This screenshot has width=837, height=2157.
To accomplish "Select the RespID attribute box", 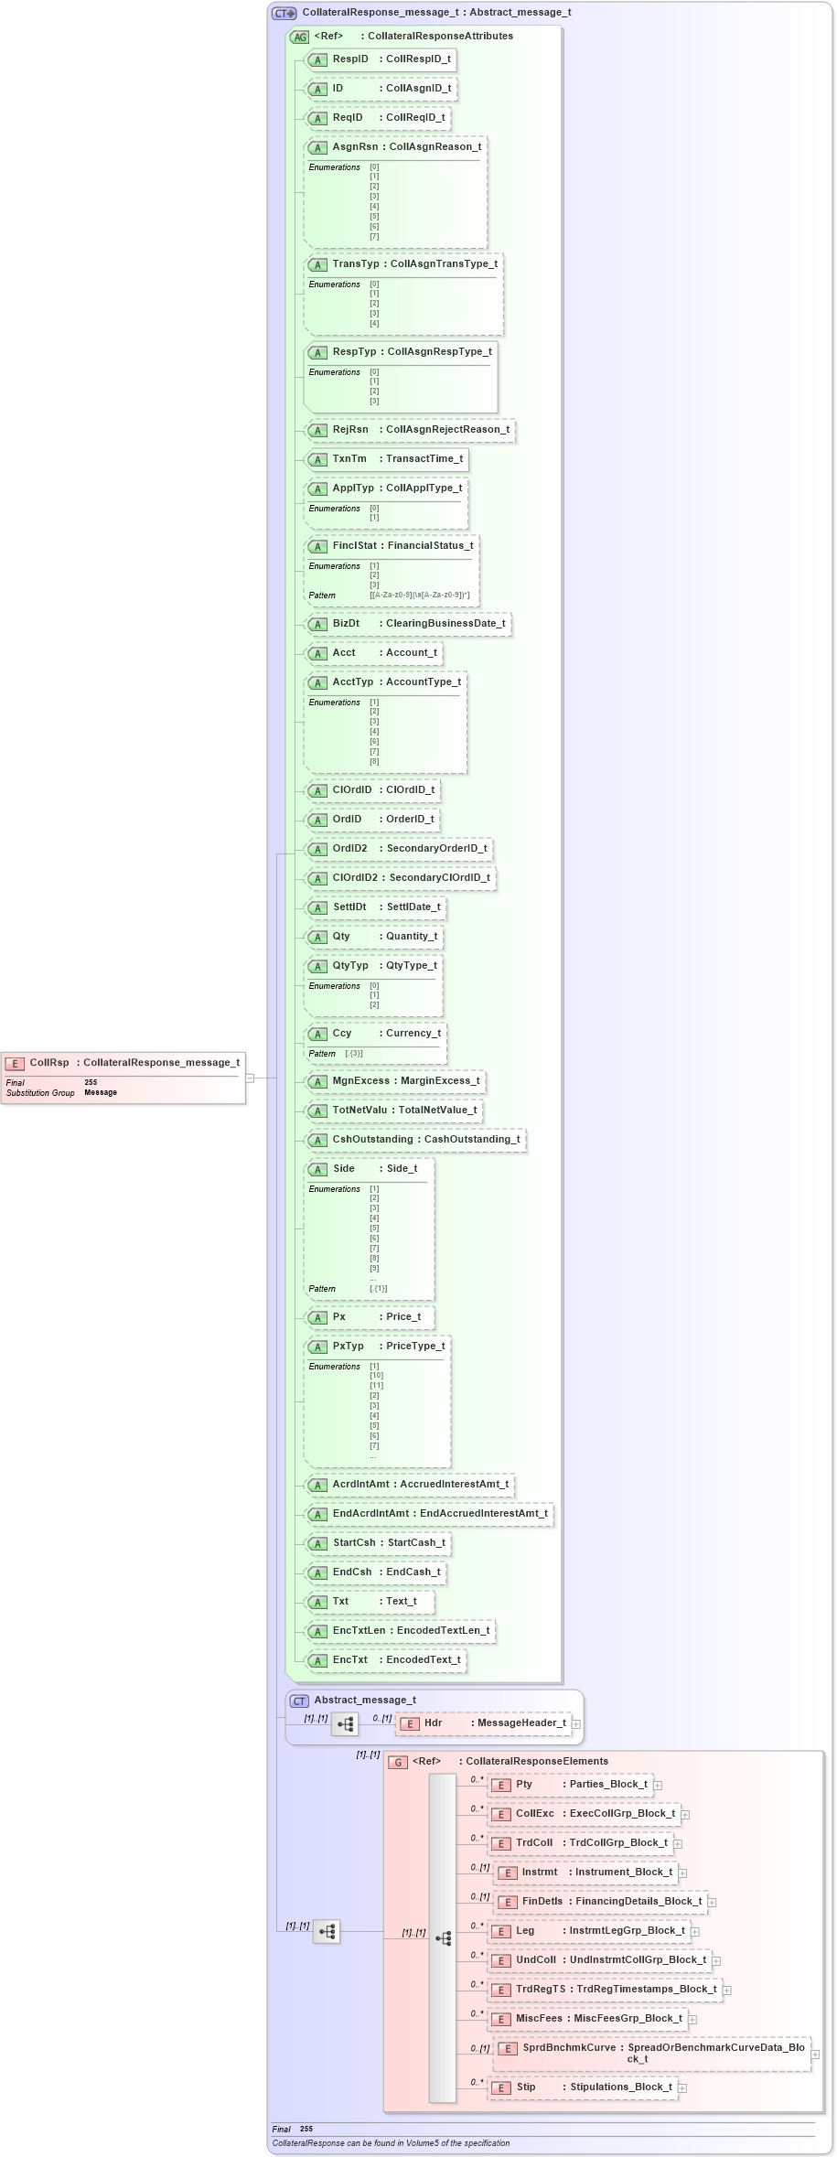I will tap(380, 59).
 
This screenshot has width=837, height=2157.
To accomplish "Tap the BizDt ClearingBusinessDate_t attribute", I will tap(407, 624).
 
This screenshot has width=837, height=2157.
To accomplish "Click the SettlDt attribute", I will tap(375, 907).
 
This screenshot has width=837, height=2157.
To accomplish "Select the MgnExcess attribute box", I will tap(394, 1081).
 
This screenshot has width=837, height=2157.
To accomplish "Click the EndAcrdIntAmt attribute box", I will tap(429, 1514).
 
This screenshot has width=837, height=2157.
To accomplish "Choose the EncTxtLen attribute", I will tap(400, 1631).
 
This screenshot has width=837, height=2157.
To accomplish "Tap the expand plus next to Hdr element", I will tap(576, 1724).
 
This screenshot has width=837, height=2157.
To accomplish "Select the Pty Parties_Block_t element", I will tap(570, 1785).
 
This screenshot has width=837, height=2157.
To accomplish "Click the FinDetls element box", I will tap(600, 1902).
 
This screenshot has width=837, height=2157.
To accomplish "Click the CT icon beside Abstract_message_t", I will tap(299, 1701).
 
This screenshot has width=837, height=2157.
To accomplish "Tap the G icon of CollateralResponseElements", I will tap(397, 1762).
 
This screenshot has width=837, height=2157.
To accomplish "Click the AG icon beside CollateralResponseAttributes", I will tap(299, 37).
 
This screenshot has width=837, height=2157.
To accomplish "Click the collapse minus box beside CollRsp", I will tap(250, 1078).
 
